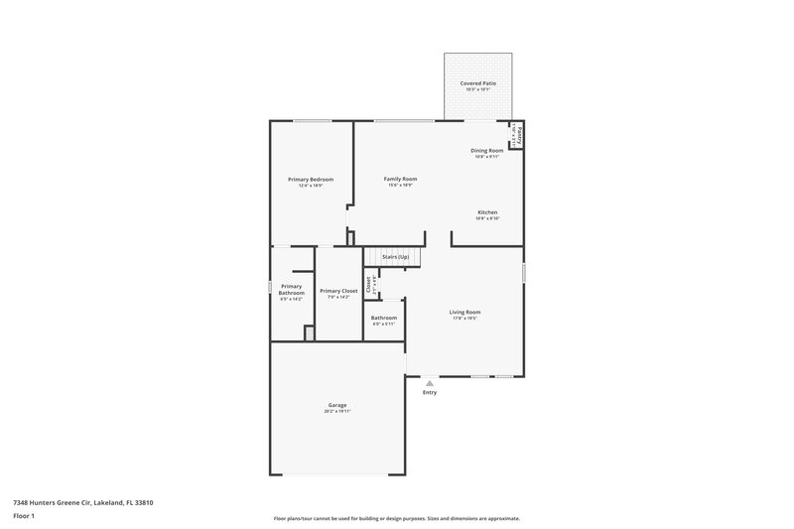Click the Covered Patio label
pyautogui.click(x=479, y=82)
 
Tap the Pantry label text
pyautogui.click(x=519, y=132)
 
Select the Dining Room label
pyautogui.click(x=487, y=150)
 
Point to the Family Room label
pyautogui.click(x=400, y=179)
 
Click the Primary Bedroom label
pyautogui.click(x=311, y=179)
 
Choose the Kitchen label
pyautogui.click(x=487, y=212)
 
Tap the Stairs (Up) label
pyautogui.click(x=395, y=257)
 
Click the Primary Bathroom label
pyautogui.click(x=291, y=289)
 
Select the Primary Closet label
pyautogui.click(x=338, y=291)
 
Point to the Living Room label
pyautogui.click(x=464, y=312)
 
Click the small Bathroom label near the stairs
pyautogui.click(x=384, y=318)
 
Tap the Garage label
pyautogui.click(x=337, y=404)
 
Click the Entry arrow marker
pyautogui.click(x=430, y=382)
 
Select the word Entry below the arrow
pyautogui.click(x=430, y=392)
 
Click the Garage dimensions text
pyautogui.click(x=337, y=411)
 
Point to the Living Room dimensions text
pyautogui.click(x=464, y=319)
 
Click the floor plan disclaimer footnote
pyautogui.click(x=396, y=518)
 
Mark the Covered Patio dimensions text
pyautogui.click(x=479, y=89)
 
